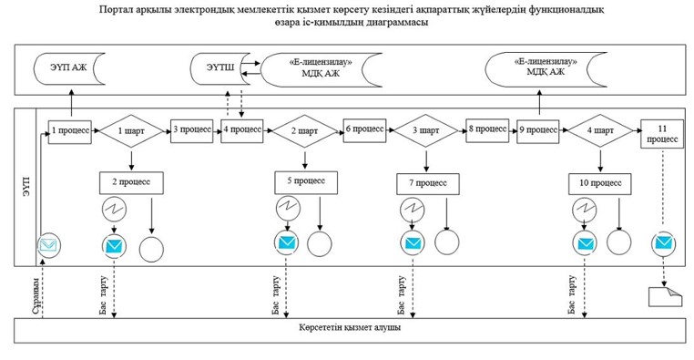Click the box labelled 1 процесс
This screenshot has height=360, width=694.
(x=70, y=131)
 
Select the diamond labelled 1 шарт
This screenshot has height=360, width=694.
(x=131, y=131)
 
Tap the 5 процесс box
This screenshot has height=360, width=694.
(x=306, y=181)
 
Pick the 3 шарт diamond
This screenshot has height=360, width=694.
(x=426, y=130)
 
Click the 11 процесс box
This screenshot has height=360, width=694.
(x=662, y=134)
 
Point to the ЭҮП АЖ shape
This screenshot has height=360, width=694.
(x=69, y=68)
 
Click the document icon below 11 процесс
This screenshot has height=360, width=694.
(x=665, y=296)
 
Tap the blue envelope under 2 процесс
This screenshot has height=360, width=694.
(x=114, y=246)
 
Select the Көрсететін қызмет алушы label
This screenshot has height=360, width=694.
(x=350, y=328)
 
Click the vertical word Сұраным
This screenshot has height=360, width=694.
(x=37, y=296)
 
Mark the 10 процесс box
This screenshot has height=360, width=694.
(x=600, y=183)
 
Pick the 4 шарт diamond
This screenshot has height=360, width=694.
(x=600, y=131)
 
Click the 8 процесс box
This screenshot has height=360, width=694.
(x=487, y=129)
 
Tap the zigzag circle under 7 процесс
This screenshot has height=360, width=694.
(x=413, y=210)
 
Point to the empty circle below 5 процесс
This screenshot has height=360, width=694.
(x=320, y=244)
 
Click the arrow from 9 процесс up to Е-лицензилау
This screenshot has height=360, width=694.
(x=539, y=104)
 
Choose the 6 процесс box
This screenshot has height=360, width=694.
(x=364, y=130)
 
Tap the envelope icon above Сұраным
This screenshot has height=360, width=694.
(x=48, y=245)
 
